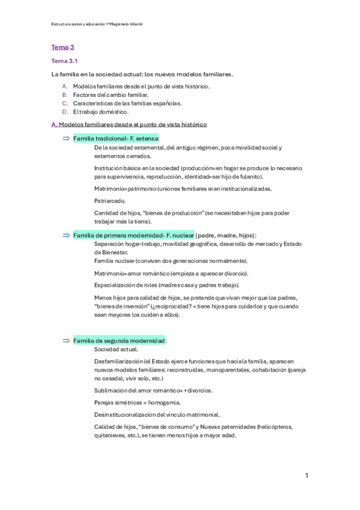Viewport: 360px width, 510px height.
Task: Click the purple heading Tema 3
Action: click(63, 47)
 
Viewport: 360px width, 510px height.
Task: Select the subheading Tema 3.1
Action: click(64, 61)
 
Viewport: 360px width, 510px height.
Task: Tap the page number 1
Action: click(307, 476)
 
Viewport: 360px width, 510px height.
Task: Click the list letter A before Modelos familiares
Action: click(64, 87)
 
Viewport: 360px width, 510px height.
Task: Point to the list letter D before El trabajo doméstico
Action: click(64, 111)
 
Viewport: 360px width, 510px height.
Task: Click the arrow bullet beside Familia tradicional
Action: click(66, 138)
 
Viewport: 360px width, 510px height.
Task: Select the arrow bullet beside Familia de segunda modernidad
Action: click(66, 340)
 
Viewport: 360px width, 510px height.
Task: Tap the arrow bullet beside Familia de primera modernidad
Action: click(66, 235)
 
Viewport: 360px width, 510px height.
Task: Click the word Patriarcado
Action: click(110, 200)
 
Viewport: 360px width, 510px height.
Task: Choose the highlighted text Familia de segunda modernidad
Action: click(119, 340)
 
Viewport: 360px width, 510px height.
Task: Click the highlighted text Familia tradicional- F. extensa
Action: click(114, 138)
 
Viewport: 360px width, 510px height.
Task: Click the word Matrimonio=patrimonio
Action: click(123, 188)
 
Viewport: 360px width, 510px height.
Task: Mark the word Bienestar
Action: click(111, 253)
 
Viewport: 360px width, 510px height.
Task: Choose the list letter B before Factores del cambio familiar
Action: click(64, 95)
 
